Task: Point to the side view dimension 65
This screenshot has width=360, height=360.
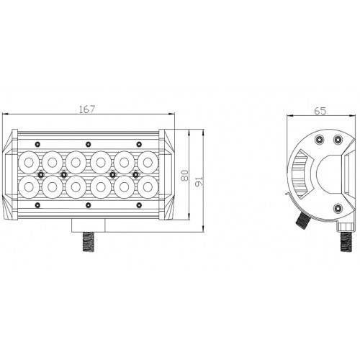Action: (320, 112)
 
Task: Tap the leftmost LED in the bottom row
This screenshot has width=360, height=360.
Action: (31, 187)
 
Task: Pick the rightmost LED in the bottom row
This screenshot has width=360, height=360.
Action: (146, 187)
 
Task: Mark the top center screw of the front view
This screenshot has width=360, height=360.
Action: (88, 143)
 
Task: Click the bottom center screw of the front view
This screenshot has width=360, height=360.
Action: (88, 206)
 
